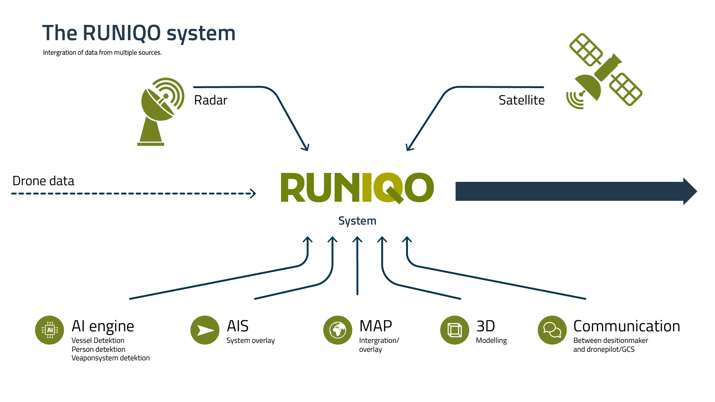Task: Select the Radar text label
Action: pos(211,100)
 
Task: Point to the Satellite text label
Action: pos(521,100)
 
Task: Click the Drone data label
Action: pos(44,181)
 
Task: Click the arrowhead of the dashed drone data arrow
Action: pos(253,193)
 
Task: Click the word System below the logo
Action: pos(357,221)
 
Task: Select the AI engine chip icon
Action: pos(50,330)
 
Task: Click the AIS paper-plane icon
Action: pos(205,330)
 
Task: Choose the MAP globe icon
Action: pos(338,330)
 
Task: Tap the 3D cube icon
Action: pos(454,330)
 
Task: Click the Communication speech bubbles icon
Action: pos(552,330)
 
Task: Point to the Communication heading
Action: pos(626,326)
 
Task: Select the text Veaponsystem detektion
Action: pos(111,358)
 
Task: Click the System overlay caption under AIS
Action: pos(250,341)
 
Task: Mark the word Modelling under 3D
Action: pos(491,341)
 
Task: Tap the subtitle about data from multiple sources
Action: pos(102,53)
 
